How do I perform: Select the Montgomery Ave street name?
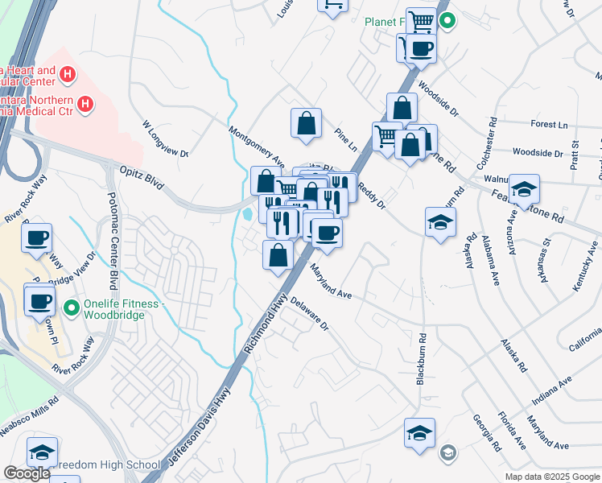click(258, 145)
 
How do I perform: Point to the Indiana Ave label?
click(551, 390)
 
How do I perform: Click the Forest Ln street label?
click(550, 125)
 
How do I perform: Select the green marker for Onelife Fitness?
click(72, 307)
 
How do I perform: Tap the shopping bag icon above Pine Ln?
click(306, 123)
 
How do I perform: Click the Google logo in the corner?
click(27, 473)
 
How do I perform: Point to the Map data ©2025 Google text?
click(551, 477)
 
